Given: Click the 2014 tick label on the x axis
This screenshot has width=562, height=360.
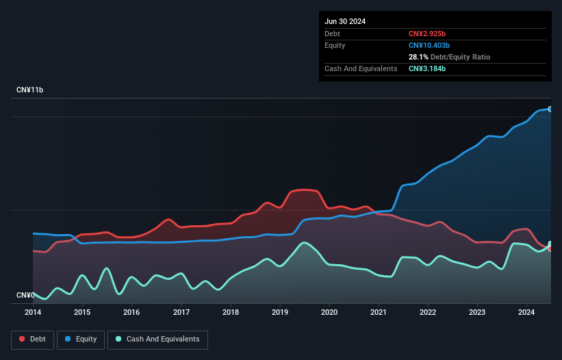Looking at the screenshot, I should (33, 313).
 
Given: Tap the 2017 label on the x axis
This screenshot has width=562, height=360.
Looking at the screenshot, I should (181, 313).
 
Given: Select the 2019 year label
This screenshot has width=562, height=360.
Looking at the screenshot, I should (280, 313).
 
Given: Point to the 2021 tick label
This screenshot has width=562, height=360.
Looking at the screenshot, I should (379, 313).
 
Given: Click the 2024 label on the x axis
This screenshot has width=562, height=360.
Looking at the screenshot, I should (526, 313).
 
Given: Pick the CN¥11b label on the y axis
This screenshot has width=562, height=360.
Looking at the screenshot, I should (29, 90).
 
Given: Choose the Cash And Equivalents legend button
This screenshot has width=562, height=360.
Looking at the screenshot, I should (157, 339).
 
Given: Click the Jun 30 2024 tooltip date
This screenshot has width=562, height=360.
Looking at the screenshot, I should (345, 21).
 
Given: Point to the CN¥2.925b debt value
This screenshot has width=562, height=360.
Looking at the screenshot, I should (428, 34).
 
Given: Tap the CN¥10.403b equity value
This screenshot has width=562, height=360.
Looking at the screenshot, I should (430, 45).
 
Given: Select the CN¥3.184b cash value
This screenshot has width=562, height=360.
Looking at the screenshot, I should (427, 69).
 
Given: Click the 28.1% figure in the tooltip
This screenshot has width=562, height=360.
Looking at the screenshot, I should (418, 57).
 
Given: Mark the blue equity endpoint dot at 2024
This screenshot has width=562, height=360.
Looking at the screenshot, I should (550, 109).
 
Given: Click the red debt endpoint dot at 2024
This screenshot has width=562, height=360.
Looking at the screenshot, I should (550, 248).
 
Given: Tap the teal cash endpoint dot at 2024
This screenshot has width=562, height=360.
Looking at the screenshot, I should (550, 244).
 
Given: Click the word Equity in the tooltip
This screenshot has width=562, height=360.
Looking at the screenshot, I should (335, 45).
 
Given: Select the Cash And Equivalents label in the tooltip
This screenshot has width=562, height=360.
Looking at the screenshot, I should (361, 69).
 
